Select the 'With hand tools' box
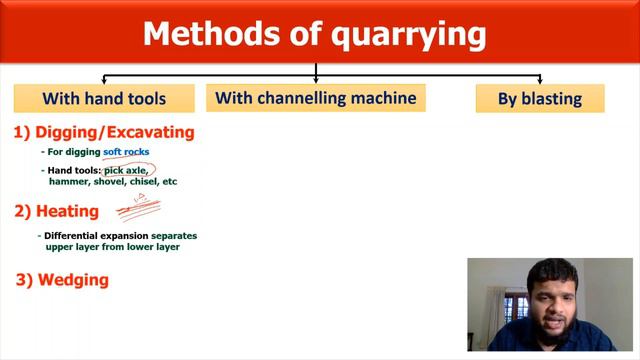tap(104, 98)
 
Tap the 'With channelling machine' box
tap(315, 97)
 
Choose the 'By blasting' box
tap(540, 98)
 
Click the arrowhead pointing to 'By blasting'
tap(540, 81)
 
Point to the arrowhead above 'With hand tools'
tap(104, 81)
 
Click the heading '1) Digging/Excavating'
tap(104, 132)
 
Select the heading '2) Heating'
tap(57, 211)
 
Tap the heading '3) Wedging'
tap(62, 281)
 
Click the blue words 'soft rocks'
tap(126, 152)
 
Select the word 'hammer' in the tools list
tap(69, 182)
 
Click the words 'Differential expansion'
tap(90, 236)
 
